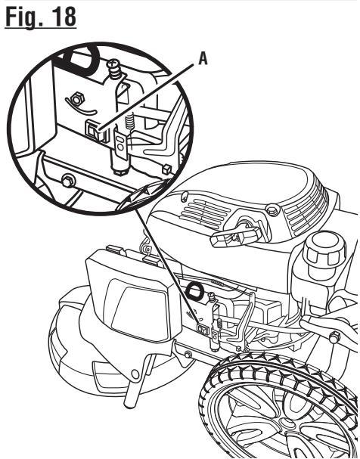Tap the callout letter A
point(203,58)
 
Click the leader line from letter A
point(146,97)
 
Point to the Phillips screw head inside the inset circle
point(115,65)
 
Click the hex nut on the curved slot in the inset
point(77,99)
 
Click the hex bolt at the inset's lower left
point(68,181)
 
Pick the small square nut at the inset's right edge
point(166,169)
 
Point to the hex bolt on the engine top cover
point(273,210)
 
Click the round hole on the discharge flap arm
point(135,374)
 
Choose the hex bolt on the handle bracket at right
point(334,337)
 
